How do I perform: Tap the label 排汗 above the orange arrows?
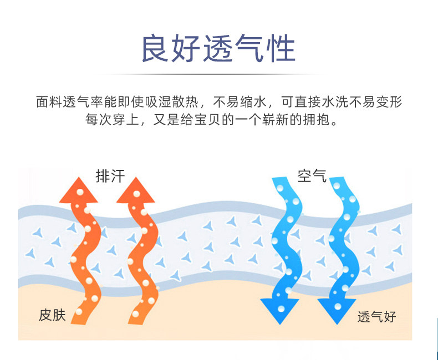(110, 176)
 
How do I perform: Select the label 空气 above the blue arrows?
(312, 176)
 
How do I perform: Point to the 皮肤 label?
(53, 315)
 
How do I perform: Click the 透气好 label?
(376, 316)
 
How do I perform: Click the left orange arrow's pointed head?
(78, 192)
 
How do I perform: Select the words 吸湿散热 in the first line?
(174, 102)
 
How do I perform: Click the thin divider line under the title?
(218, 74)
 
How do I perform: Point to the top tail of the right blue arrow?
(336, 182)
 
